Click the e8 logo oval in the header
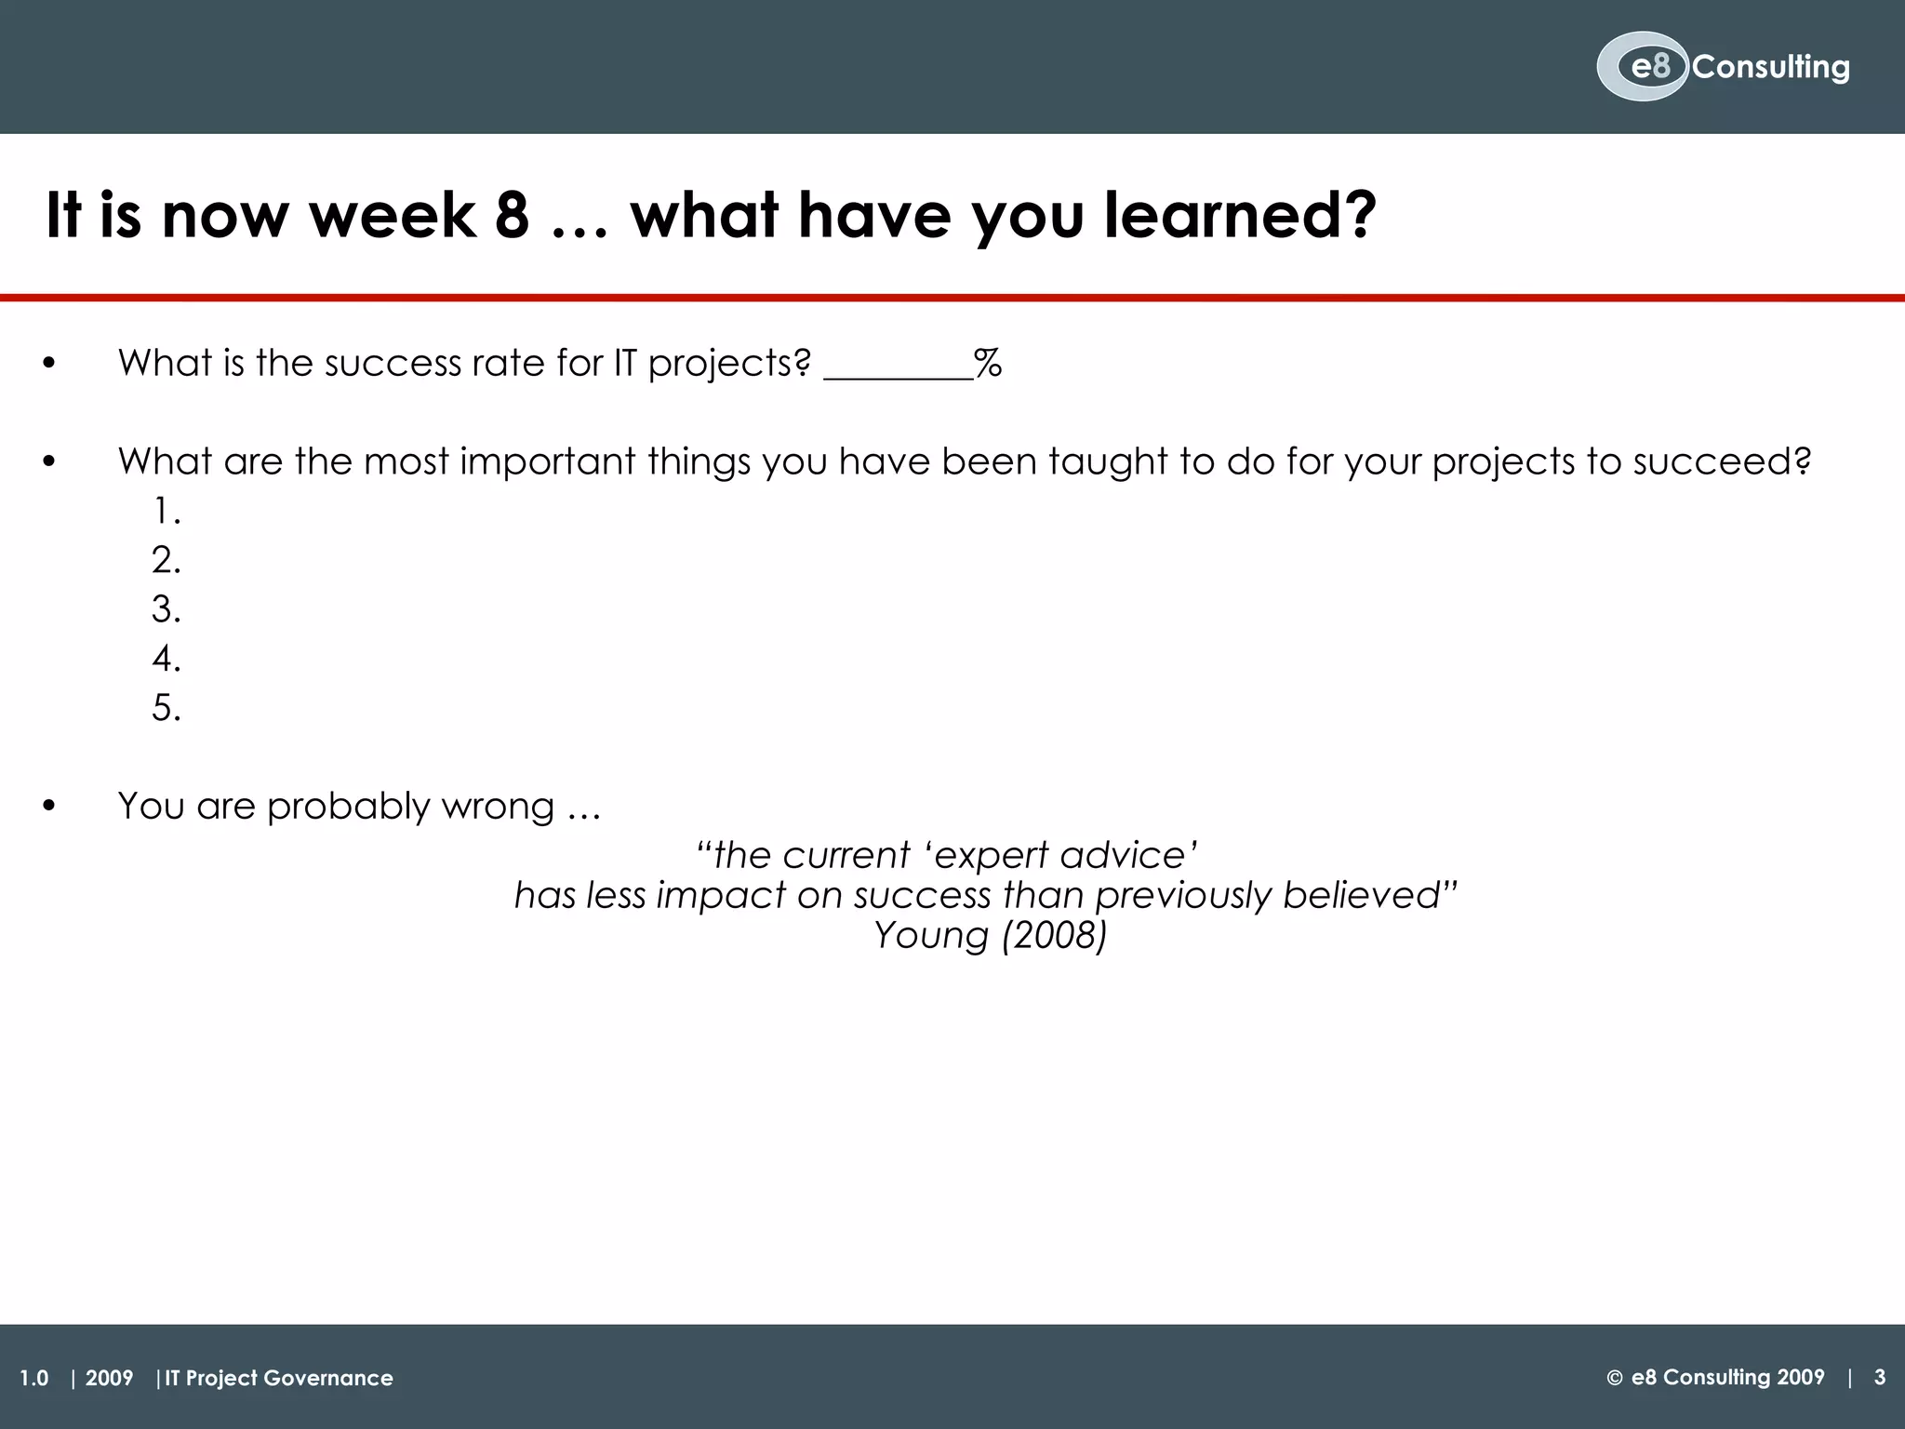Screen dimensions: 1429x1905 (1642, 67)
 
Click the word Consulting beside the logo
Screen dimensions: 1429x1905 (1771, 67)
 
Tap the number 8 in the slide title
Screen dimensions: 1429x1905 (512, 215)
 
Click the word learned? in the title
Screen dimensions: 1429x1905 (1241, 215)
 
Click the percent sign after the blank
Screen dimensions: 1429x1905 (988, 363)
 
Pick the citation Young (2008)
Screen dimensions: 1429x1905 (990, 936)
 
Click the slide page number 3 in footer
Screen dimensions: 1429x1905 (1879, 1377)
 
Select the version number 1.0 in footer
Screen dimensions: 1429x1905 (34, 1378)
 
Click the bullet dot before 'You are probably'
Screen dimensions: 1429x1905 (49, 807)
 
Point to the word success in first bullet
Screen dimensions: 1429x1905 (391, 363)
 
